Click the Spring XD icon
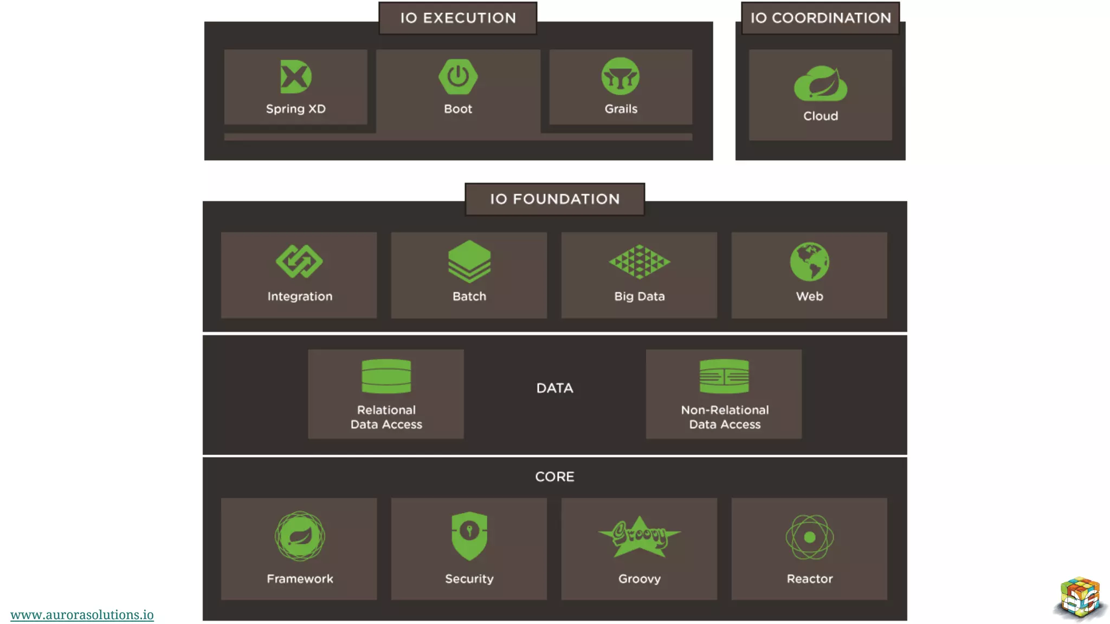coord(296,77)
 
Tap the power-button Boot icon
coord(458,77)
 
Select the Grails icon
coord(621,77)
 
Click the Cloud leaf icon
coord(821,84)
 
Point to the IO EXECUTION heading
coord(458,18)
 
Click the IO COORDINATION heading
coord(821,18)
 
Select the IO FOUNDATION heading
coord(554,199)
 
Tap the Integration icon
coord(299,262)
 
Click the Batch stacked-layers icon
coord(469,262)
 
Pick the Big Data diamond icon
coord(640,262)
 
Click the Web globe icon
coord(809,262)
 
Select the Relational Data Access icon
coord(386,376)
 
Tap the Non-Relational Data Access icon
coord(724,376)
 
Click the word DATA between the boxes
coord(554,388)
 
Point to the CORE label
coord(554,477)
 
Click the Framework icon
coord(300,536)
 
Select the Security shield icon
coord(469,535)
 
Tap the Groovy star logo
coord(640,536)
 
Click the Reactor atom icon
coord(810,537)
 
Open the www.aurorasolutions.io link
coord(82,615)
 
